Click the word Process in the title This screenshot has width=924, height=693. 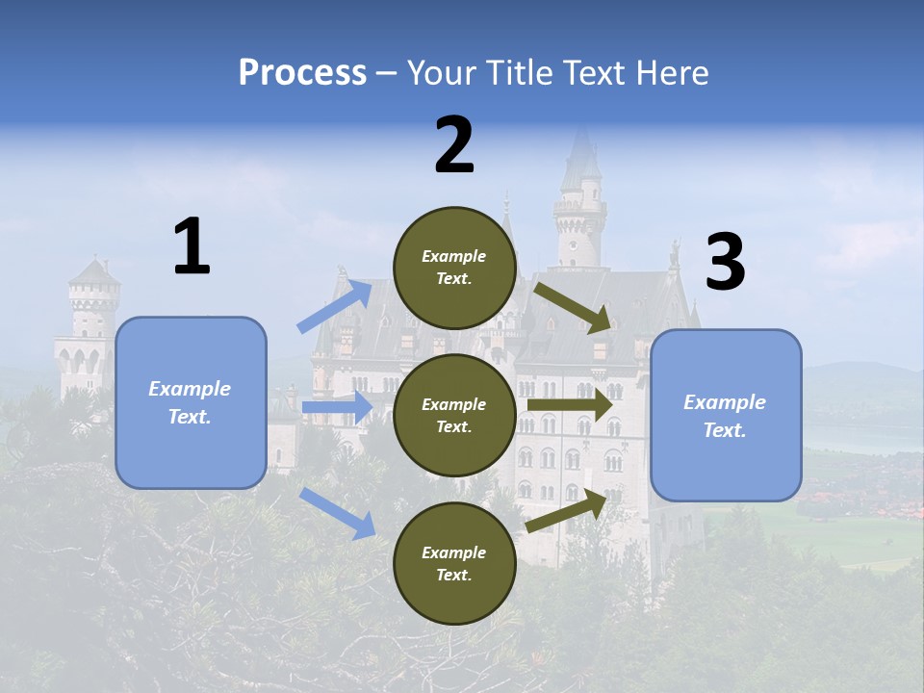302,73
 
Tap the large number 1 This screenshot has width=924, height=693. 192,247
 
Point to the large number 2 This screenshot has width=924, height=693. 454,145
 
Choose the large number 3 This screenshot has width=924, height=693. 725,263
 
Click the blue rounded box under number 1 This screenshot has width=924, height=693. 191,402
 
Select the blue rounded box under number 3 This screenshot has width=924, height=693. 726,416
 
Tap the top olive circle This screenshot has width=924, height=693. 454,268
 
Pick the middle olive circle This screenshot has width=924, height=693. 454,415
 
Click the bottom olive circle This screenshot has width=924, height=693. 454,563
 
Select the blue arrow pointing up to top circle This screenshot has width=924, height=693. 335,306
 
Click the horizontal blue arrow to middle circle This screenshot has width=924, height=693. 337,407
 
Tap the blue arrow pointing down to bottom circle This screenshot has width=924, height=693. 337,512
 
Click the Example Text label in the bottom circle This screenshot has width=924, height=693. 454,563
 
